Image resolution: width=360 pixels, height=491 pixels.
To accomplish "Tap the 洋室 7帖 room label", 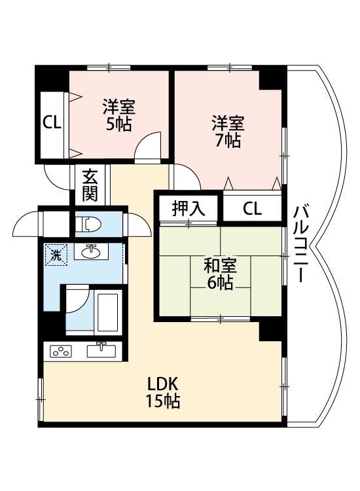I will [x=228, y=131].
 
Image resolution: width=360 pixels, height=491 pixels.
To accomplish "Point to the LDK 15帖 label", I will [x=163, y=392].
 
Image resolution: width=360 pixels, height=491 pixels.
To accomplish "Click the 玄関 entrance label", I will [x=90, y=185].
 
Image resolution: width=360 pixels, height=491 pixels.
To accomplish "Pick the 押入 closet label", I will [x=189, y=209].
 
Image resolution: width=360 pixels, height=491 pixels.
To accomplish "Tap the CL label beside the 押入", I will [x=252, y=209].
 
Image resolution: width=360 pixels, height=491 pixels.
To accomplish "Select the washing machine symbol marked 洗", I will [x=56, y=254].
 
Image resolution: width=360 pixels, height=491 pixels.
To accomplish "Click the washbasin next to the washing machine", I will [x=92, y=251].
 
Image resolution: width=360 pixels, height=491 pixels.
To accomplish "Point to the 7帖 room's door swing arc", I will [x=183, y=175].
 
